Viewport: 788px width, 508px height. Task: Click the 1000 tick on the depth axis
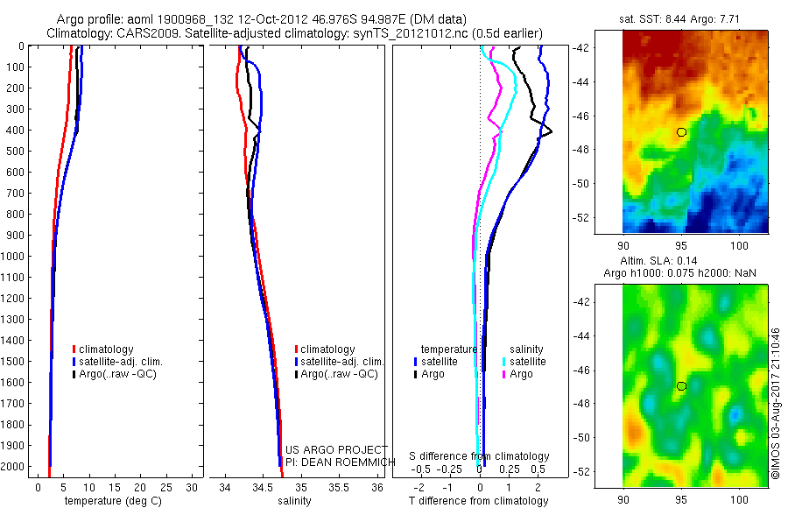[15, 257]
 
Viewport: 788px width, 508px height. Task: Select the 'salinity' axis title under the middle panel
[295, 501]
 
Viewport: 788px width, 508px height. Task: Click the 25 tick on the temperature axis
[168, 487]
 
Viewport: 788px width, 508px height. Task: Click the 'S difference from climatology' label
[479, 456]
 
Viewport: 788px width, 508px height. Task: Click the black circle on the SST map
[682, 132]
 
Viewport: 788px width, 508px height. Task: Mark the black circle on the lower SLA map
[682, 386]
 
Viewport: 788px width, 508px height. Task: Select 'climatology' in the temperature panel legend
[106, 349]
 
